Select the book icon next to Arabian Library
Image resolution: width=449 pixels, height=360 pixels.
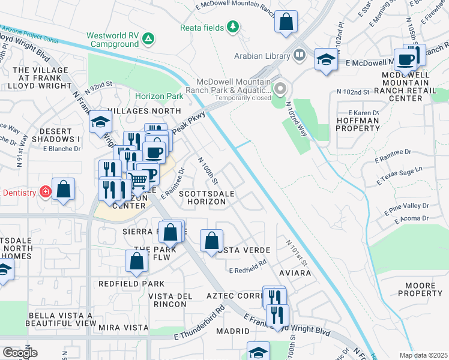[x=300, y=56]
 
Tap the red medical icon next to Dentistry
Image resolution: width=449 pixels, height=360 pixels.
[x=44, y=192]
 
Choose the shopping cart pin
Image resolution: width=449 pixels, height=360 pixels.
[x=139, y=178]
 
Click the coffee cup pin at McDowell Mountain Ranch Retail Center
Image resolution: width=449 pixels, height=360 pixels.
[x=406, y=59]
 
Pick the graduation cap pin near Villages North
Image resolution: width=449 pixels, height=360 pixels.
[x=100, y=122]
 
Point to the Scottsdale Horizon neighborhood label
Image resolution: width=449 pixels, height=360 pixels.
[x=202, y=198]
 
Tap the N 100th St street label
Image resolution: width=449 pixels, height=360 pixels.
[x=208, y=171]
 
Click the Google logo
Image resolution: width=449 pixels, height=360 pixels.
[x=20, y=353]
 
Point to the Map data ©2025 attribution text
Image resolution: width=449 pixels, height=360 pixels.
[x=423, y=355]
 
